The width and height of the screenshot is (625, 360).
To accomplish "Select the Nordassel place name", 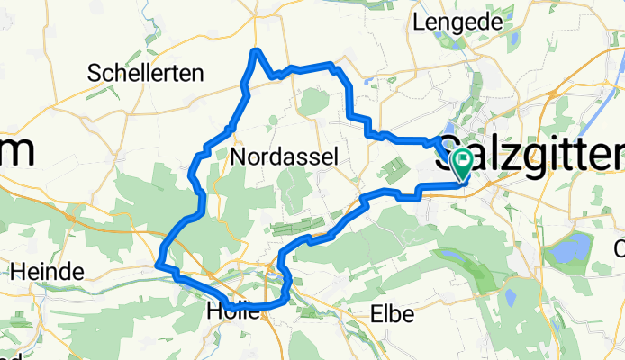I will [x=285, y=157].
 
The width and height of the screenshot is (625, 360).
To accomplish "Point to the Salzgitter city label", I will [x=531, y=155].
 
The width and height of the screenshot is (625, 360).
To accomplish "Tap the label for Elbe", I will [x=393, y=314].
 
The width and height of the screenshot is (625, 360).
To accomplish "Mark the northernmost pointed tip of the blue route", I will [x=257, y=50].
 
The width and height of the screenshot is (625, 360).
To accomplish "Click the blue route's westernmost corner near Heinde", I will [x=159, y=265].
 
